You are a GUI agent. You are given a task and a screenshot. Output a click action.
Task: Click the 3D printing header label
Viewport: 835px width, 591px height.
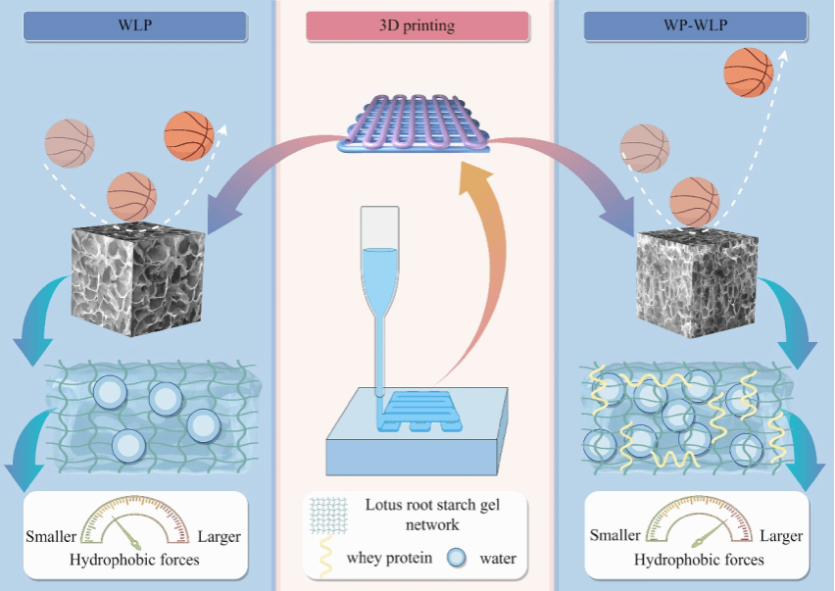[x=417, y=26]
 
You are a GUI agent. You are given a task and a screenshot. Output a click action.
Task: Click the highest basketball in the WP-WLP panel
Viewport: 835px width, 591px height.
[x=748, y=72]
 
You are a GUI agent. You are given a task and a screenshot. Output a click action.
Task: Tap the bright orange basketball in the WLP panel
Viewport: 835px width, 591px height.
[x=188, y=135]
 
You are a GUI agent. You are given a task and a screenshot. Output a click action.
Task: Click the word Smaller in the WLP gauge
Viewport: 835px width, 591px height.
[x=50, y=537]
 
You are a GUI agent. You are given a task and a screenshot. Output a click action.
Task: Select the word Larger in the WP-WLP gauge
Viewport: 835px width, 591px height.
[x=780, y=536]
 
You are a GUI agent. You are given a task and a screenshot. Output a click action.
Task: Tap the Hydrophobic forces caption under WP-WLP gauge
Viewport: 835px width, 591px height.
[x=698, y=561]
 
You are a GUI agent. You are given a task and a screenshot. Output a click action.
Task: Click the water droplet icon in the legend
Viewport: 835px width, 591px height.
[x=455, y=559]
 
